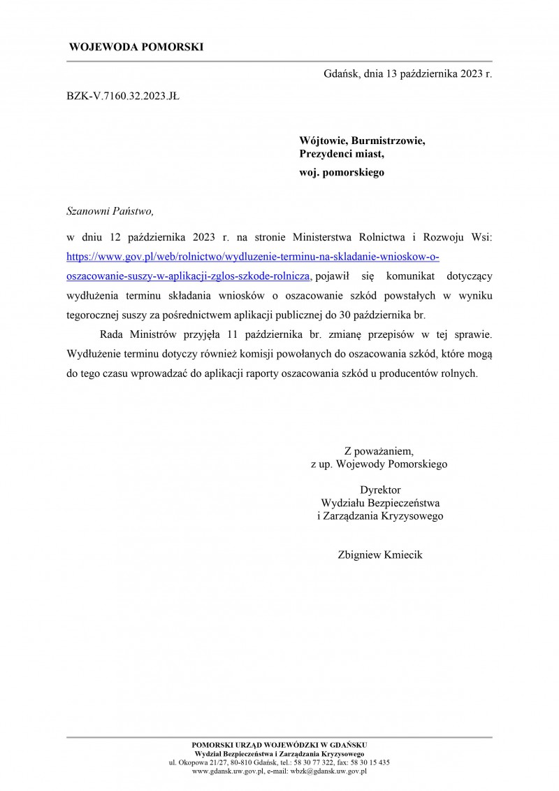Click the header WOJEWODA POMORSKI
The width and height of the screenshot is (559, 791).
136,48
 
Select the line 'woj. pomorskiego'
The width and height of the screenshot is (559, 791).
342,171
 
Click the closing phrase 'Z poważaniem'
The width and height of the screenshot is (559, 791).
379,450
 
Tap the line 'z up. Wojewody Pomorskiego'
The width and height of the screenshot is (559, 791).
379,463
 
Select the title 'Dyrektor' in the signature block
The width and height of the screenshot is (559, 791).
380,490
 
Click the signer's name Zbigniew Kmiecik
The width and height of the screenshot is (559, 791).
380,555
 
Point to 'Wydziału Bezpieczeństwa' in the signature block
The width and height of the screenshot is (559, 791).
380,503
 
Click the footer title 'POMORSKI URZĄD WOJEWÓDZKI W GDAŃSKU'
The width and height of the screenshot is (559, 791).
279,745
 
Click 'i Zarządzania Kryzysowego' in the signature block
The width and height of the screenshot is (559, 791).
380,516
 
